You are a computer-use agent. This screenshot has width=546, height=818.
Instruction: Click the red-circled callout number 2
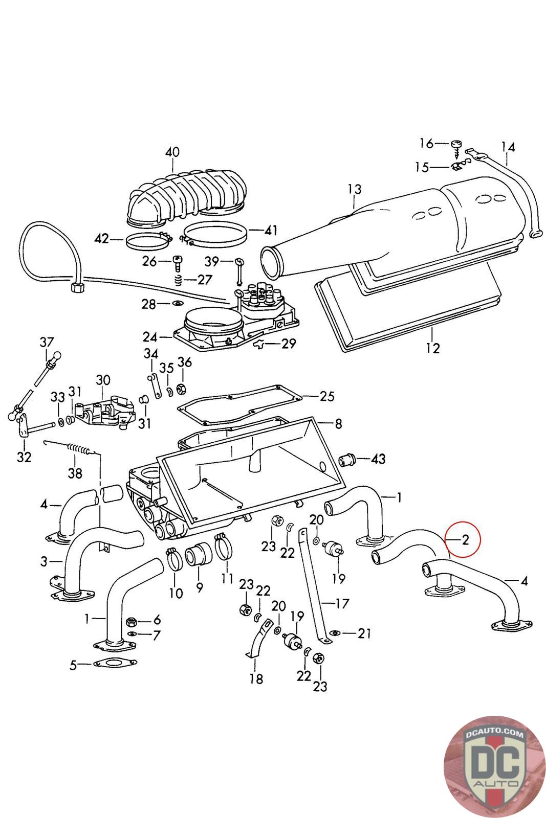465,540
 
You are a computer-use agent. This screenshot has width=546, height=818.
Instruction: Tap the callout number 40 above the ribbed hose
172,152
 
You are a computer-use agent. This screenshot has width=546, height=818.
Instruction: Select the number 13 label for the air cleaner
354,189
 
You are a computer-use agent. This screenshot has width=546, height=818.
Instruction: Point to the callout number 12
433,349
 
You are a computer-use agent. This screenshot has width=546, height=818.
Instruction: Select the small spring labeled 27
179,280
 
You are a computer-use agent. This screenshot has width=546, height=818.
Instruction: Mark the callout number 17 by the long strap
343,603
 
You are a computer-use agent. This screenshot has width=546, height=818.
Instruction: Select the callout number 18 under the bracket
256,679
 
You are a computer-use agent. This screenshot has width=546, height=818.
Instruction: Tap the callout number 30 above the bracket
103,380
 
